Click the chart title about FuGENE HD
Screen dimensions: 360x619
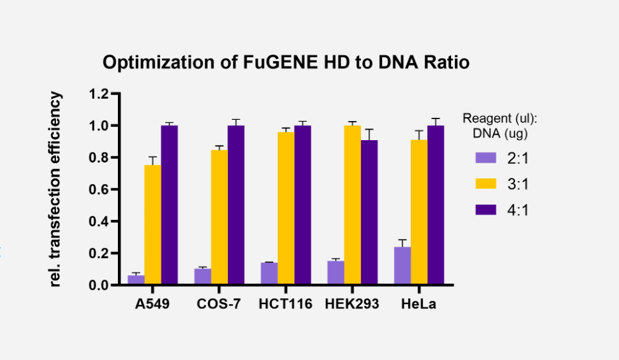click(286, 63)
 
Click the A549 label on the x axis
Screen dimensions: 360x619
click(152, 305)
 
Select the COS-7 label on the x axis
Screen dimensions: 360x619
click(219, 305)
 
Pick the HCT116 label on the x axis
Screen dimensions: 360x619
click(285, 305)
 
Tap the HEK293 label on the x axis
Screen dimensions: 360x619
click(352, 305)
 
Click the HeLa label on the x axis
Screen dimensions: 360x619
click(418, 305)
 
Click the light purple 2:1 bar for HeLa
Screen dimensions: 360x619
click(402, 266)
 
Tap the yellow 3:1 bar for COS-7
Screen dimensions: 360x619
click(219, 217)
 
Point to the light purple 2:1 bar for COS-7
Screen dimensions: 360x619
click(202, 276)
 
